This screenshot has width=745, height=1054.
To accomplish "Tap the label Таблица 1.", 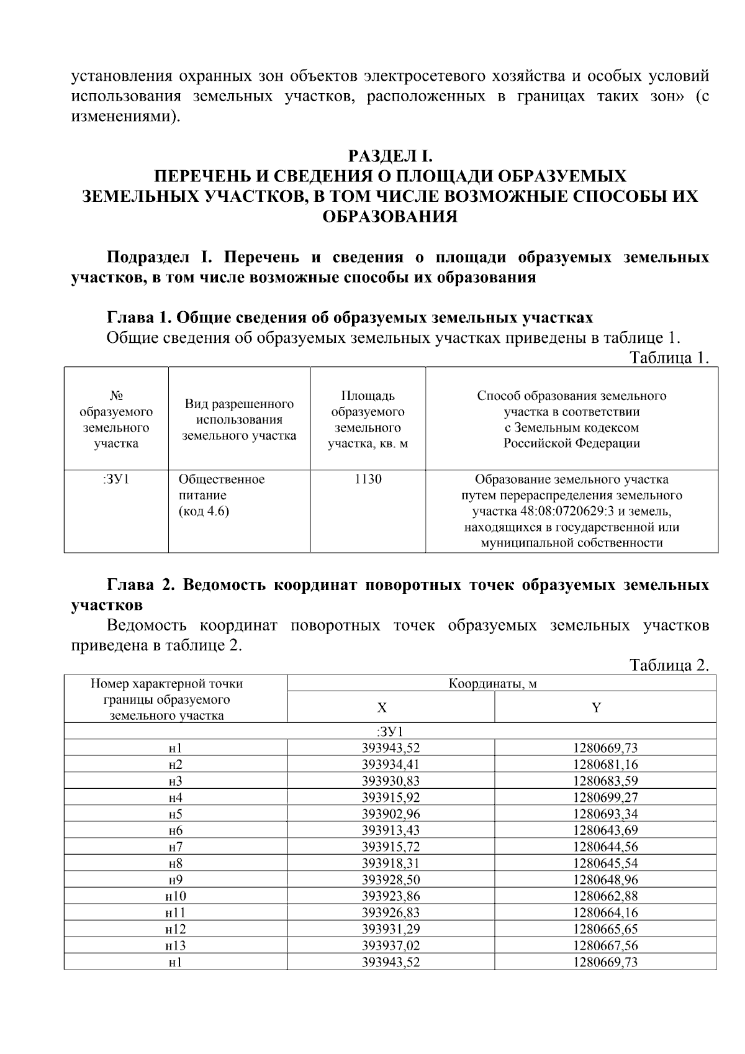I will (669, 358).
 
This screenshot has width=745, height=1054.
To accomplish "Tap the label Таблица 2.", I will (669, 665).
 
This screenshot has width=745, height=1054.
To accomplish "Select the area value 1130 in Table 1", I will (368, 479).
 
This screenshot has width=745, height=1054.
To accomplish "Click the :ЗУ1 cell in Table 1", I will (116, 479).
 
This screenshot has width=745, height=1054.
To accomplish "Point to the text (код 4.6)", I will (204, 512).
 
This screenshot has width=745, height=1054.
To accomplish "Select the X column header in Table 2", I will (382, 708).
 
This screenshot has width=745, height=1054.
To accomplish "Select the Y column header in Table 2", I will (596, 708).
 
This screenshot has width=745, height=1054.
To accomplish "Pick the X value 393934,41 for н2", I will (391, 765).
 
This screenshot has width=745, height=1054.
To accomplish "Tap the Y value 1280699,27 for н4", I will (605, 797).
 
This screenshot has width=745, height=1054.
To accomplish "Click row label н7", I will (176, 847).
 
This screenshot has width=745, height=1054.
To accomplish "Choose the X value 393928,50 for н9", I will (391, 880).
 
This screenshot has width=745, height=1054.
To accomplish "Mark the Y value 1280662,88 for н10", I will (605, 896).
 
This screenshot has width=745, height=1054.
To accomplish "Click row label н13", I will (176, 946).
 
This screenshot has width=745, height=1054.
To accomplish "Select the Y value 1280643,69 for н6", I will (605, 830).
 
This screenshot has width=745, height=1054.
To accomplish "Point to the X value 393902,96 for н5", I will (391, 814).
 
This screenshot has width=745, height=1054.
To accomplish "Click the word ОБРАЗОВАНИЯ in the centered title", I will (390, 217).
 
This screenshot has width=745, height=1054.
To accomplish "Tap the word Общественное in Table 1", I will (222, 479).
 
